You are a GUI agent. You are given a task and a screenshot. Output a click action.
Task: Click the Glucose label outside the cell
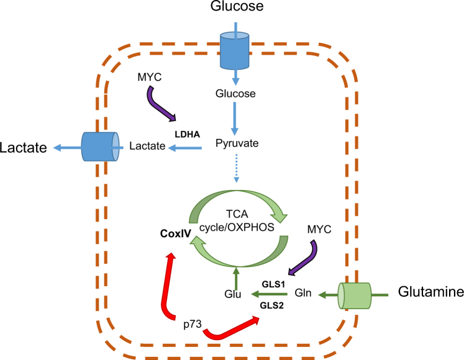237,6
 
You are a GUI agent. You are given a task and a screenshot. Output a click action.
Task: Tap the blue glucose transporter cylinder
235,50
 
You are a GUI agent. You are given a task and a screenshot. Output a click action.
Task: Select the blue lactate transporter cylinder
101,146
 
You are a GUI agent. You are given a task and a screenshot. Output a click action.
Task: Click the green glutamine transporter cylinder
355,295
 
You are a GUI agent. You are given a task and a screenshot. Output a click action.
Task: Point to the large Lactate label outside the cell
24,148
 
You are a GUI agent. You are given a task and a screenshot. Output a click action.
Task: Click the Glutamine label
431,292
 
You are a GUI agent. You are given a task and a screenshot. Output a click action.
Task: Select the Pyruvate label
237,143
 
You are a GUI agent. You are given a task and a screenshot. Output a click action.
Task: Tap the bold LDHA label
188,134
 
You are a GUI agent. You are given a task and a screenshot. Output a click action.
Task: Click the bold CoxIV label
176,233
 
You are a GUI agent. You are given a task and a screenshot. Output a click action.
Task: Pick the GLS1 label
273,284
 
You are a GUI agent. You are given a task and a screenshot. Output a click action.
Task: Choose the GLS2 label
271,305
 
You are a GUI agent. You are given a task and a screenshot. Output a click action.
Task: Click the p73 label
193,325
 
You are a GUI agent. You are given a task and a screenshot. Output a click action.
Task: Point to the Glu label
232,294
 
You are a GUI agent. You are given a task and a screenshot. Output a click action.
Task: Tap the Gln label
303,293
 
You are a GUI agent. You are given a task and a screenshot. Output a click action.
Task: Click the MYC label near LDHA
150,77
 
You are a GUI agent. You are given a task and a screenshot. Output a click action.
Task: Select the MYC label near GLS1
319,229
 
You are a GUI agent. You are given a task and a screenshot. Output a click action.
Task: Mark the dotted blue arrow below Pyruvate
236,168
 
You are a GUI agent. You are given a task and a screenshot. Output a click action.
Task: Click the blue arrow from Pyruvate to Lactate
185,148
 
